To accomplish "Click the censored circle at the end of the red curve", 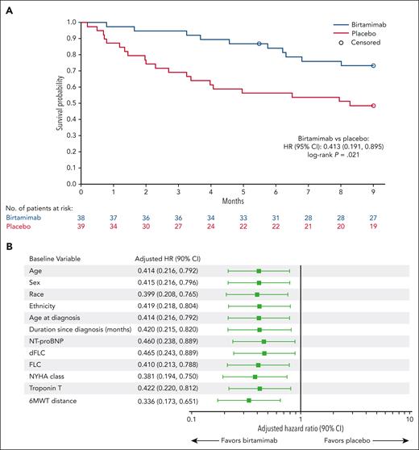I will (x=373, y=106).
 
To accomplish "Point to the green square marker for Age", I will (x=259, y=272).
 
